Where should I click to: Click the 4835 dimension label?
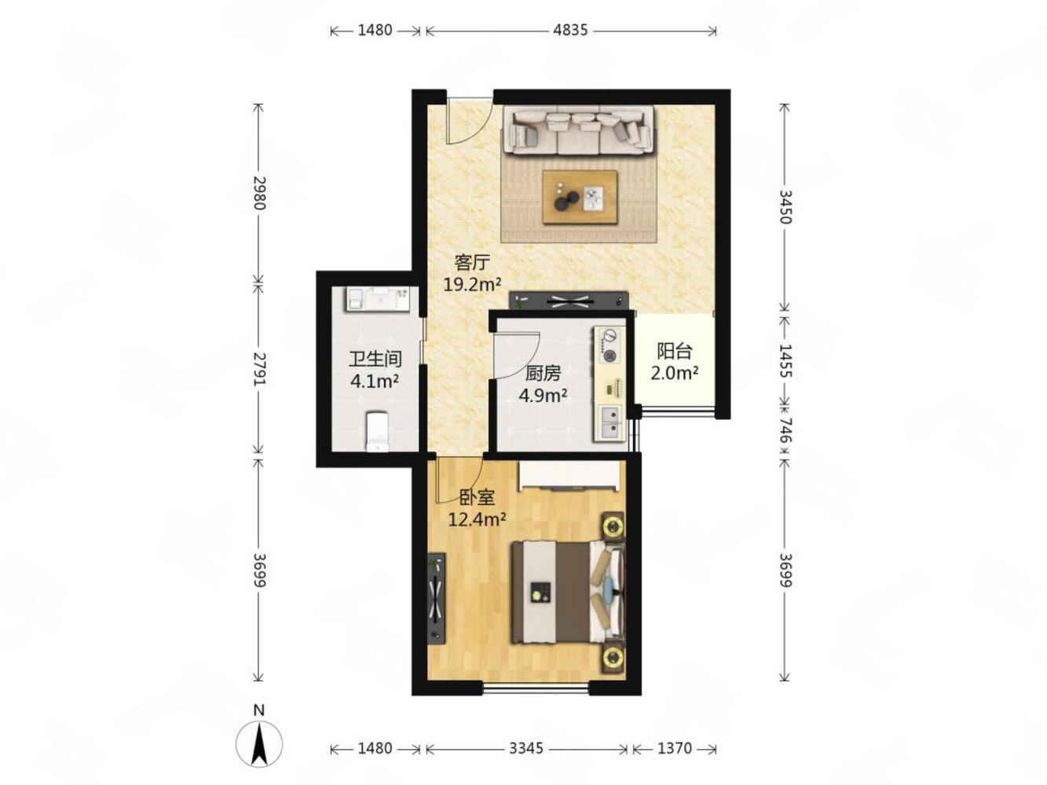[x=570, y=31]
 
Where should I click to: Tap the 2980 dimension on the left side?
[x=259, y=193]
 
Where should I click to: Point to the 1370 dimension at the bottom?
[x=674, y=748]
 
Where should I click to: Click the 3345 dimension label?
[x=525, y=748]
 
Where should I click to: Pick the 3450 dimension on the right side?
[x=785, y=206]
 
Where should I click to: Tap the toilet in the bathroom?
[x=377, y=431]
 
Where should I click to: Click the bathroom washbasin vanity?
[x=377, y=299]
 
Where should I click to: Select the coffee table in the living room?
[x=580, y=197]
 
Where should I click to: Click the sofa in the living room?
[x=579, y=130]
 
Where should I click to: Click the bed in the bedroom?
[x=568, y=593]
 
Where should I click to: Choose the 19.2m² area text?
[x=472, y=284]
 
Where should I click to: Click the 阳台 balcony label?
[x=674, y=351]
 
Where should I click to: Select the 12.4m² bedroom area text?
[x=477, y=519]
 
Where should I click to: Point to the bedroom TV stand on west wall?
[x=436, y=599]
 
